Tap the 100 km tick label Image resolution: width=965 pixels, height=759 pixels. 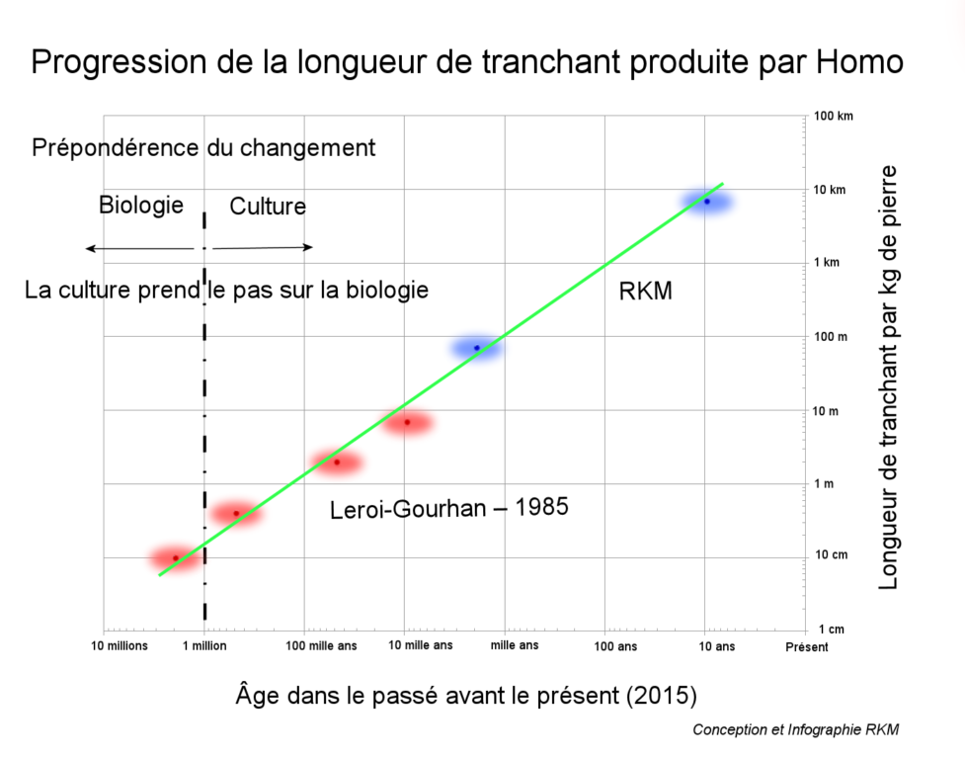click(833, 116)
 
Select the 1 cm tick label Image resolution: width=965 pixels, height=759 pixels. click(830, 630)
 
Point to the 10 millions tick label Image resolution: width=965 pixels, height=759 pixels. click(120, 647)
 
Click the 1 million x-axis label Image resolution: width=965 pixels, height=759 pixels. click(203, 647)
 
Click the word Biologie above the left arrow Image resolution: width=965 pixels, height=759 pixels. click(141, 206)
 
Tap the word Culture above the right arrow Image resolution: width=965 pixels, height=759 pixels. click(268, 207)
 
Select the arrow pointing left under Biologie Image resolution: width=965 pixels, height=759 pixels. click(138, 248)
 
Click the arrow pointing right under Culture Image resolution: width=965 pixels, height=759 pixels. click(263, 248)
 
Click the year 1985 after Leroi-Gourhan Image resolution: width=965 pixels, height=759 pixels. click(537, 509)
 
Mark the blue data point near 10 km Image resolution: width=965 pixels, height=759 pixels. click(707, 202)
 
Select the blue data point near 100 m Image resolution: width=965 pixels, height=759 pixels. click(477, 348)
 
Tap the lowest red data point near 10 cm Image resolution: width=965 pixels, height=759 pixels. click(176, 558)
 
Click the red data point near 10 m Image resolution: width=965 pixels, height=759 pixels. click(406, 423)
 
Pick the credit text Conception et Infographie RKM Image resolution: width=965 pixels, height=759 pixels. click(796, 730)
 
